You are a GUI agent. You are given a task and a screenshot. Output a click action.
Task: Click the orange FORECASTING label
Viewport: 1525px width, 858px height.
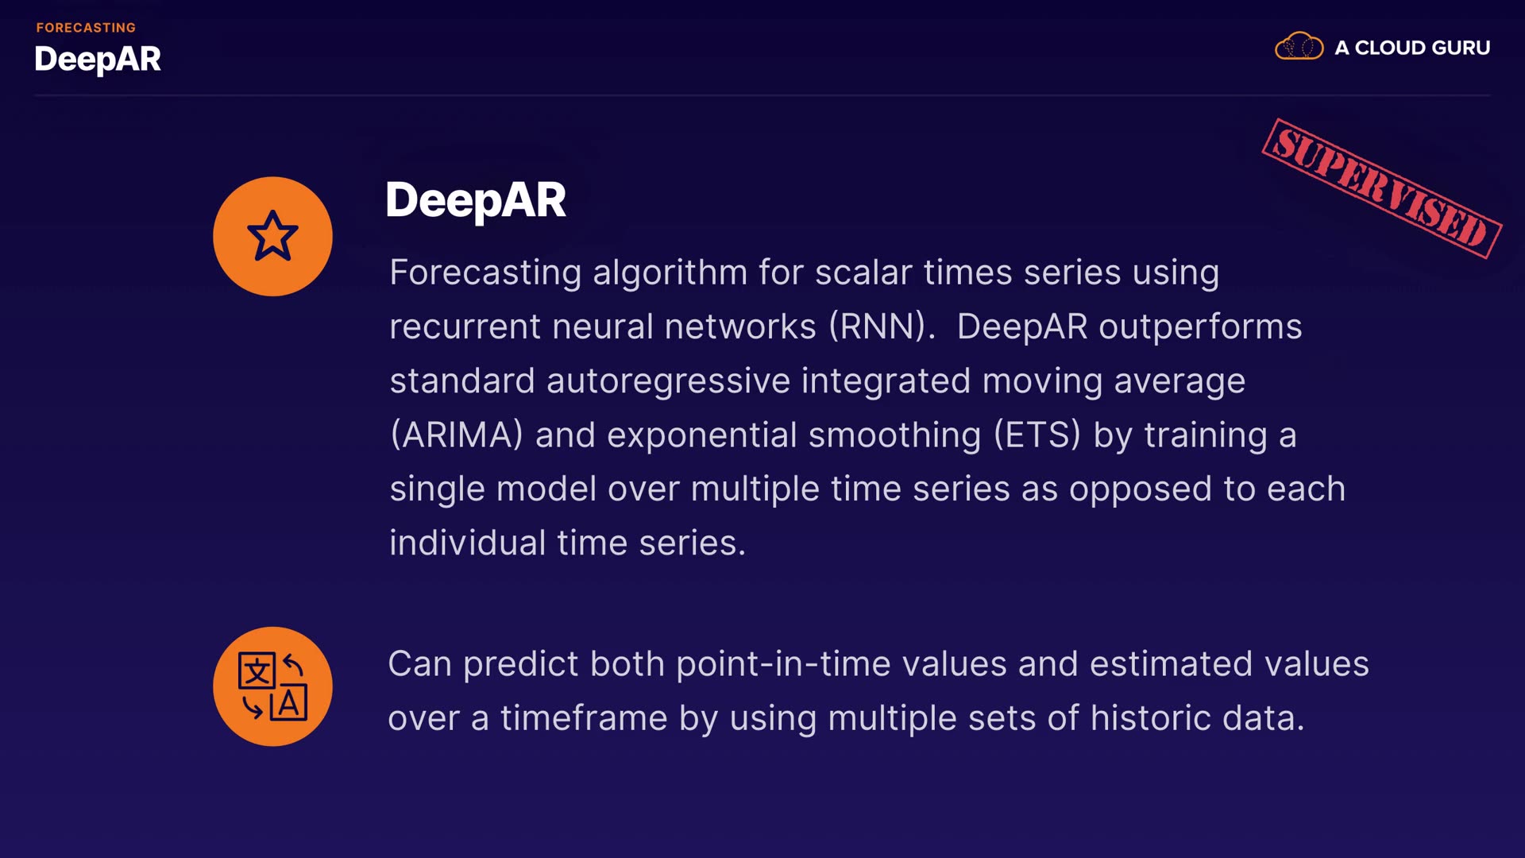pyautogui.click(x=86, y=28)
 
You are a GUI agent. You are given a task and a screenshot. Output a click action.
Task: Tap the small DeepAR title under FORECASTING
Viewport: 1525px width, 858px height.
pyautogui.click(x=98, y=60)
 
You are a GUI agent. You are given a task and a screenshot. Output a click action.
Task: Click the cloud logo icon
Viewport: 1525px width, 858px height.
pyautogui.click(x=1299, y=46)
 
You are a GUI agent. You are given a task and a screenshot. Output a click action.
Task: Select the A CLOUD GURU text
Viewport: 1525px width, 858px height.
pyautogui.click(x=1412, y=48)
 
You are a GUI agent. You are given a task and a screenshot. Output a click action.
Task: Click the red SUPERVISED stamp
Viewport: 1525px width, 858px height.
pyautogui.click(x=1381, y=188)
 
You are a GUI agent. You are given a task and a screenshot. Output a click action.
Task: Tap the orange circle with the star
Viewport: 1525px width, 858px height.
pyautogui.click(x=272, y=236)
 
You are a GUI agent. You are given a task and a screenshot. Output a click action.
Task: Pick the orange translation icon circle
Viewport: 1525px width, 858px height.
pyautogui.click(x=272, y=686)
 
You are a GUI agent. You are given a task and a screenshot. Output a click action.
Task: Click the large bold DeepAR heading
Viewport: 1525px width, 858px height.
pyautogui.click(x=475, y=200)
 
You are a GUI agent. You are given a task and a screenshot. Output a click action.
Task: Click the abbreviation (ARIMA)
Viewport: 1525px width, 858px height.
pyautogui.click(x=457, y=435)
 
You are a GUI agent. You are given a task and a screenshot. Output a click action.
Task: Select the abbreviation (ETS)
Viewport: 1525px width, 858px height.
pyautogui.click(x=1037, y=435)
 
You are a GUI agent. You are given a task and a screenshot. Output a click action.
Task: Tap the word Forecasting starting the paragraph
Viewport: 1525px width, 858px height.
pyautogui.click(x=485, y=273)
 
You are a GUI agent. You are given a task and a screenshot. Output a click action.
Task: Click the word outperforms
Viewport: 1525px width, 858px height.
pyautogui.click(x=1200, y=327)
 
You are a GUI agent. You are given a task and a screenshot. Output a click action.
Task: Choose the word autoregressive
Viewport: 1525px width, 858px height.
pyautogui.click(x=668, y=381)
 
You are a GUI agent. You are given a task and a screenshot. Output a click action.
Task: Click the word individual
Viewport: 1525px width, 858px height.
pyautogui.click(x=467, y=543)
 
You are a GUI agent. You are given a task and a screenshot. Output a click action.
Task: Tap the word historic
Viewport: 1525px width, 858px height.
pyautogui.click(x=1150, y=718)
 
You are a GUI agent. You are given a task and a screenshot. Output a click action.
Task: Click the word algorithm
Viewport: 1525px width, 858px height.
pyautogui.click(x=670, y=273)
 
